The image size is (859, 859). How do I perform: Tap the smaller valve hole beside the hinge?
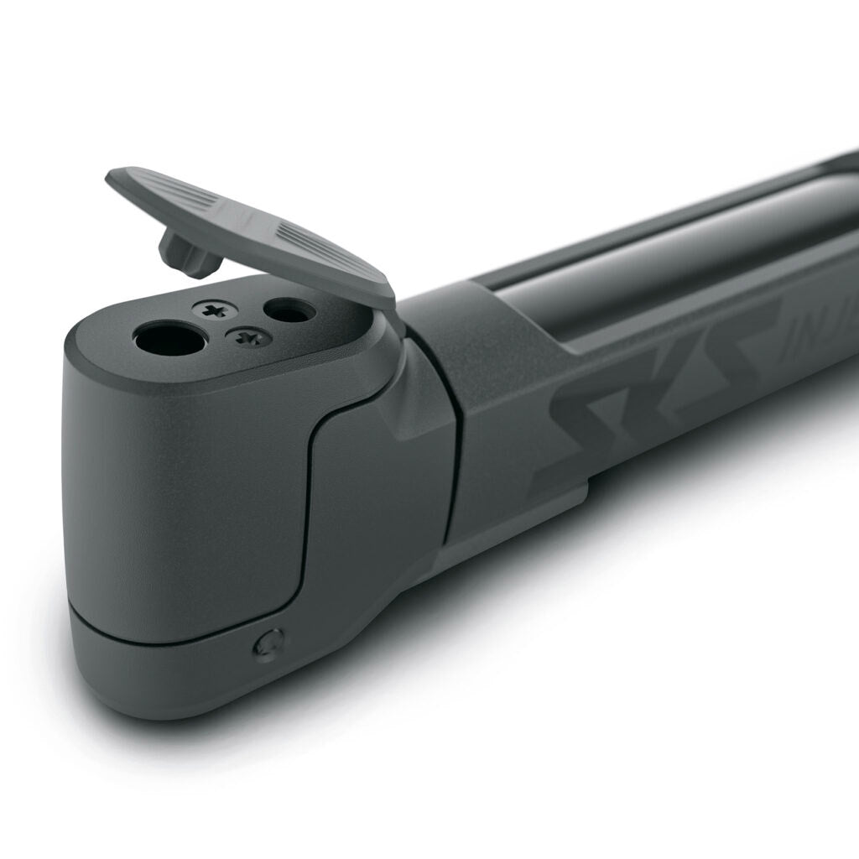(x=289, y=311)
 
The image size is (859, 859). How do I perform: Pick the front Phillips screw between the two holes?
(x=247, y=337)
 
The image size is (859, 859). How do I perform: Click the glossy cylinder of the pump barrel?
(x=671, y=252)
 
